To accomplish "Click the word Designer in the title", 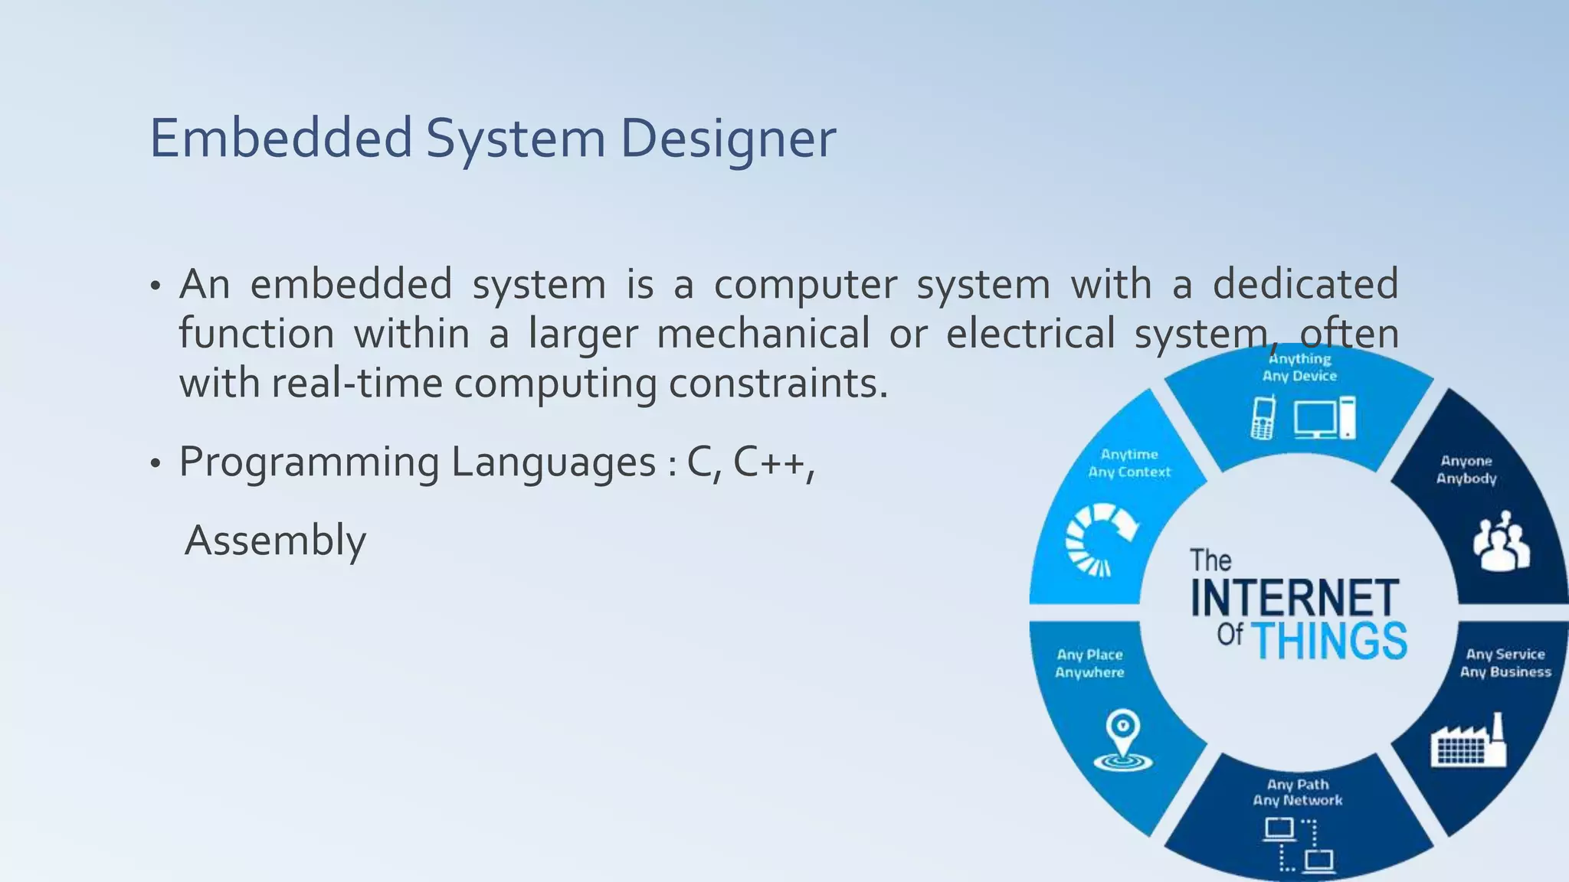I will pos(727,139).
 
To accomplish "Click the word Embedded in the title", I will pos(280,139).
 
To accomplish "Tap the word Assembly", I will pos(275,541).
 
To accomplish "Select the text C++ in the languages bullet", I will pos(772,462).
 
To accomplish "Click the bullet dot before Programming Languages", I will pos(156,464).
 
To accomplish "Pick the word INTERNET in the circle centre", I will pos(1295,599).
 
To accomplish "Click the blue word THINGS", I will pos(1329,642).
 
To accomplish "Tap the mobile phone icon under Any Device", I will pos(1263,418).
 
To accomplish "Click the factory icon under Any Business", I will pos(1468,741).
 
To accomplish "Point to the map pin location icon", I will pos(1123,740).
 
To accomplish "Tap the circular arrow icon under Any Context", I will pos(1100,539).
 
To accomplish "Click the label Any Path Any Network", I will pos(1298,792).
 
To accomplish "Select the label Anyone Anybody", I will pos(1466,469).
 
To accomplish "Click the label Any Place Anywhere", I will pos(1089,664).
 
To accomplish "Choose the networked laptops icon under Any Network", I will pos(1299,845).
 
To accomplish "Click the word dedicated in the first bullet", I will pos(1305,284).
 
